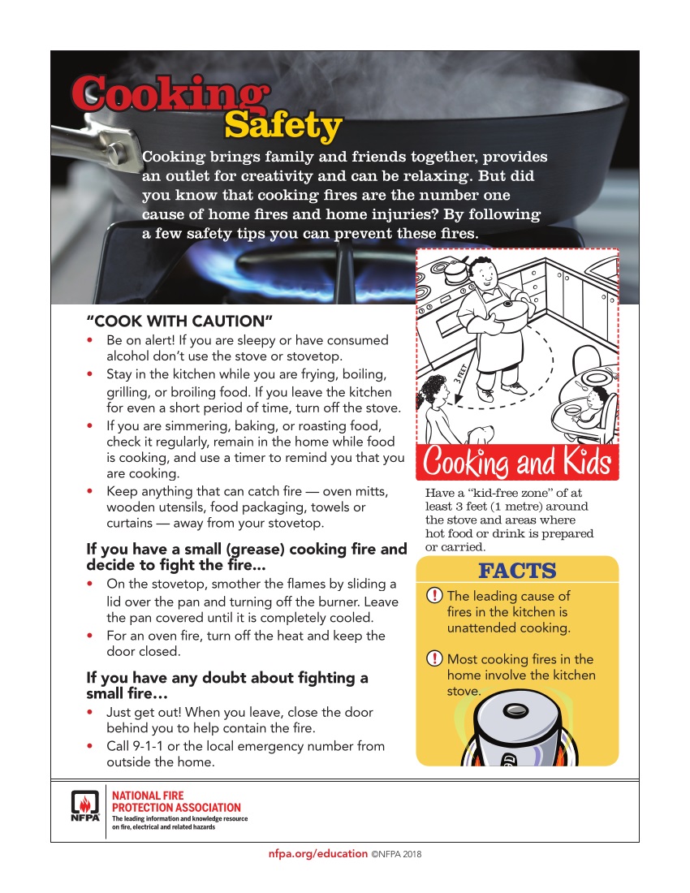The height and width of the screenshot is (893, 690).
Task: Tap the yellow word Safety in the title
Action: tap(282, 127)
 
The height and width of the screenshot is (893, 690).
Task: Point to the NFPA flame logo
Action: tap(84, 806)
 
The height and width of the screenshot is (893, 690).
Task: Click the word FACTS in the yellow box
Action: tap(517, 571)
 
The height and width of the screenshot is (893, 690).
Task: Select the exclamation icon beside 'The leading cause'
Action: tap(435, 597)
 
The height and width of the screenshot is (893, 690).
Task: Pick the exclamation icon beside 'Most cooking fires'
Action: tap(435, 659)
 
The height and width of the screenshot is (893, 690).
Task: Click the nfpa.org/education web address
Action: tap(317, 854)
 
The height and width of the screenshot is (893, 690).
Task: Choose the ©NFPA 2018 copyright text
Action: tap(397, 855)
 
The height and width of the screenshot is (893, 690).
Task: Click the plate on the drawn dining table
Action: tap(597, 378)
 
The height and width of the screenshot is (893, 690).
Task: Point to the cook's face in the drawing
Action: tap(484, 274)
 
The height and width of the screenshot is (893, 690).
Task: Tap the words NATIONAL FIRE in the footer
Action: tap(148, 796)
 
